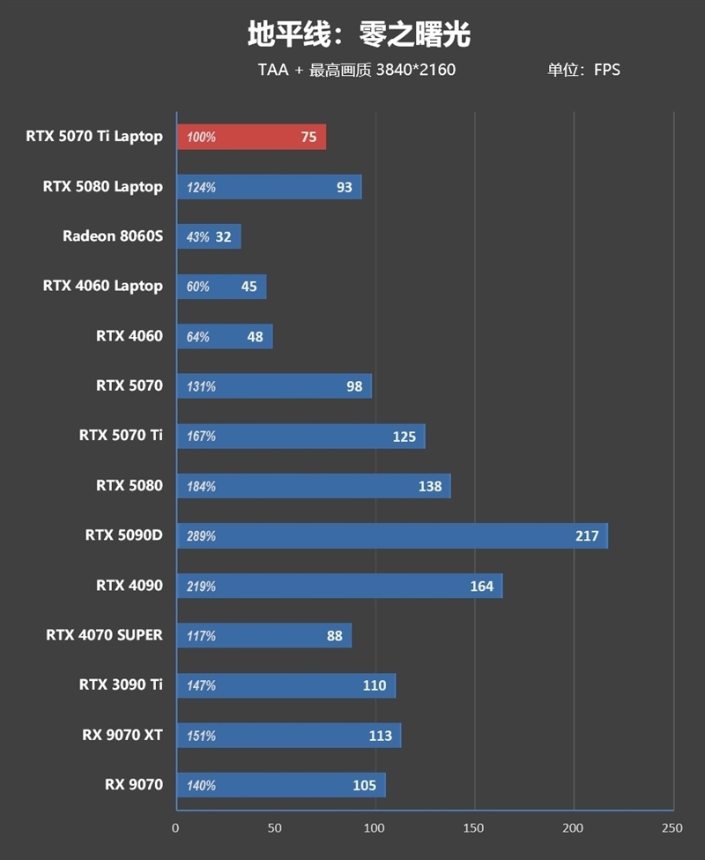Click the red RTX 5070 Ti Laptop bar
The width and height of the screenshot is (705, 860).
(x=251, y=137)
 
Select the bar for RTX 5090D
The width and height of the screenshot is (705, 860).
(x=392, y=535)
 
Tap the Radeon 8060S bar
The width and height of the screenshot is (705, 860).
(x=209, y=236)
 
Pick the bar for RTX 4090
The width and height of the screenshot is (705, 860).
(x=339, y=586)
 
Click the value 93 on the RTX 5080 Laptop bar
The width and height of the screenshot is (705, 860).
(x=344, y=187)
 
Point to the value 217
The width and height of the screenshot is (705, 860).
(x=587, y=535)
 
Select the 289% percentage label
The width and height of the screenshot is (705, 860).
(x=201, y=536)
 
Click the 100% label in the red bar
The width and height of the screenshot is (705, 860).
(x=201, y=138)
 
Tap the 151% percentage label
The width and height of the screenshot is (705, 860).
(x=201, y=736)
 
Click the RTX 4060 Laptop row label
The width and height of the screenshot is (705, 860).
(x=102, y=286)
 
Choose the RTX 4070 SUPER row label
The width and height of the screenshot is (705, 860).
(x=104, y=635)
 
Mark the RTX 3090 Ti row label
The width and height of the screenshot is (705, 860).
(x=121, y=684)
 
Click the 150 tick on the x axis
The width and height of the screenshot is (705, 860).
(x=474, y=828)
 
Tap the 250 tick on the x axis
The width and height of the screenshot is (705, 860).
(x=672, y=828)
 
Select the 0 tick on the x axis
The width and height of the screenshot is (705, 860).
(x=175, y=828)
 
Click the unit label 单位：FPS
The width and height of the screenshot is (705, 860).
(x=583, y=70)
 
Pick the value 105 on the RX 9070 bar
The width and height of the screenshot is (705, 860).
(x=364, y=785)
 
